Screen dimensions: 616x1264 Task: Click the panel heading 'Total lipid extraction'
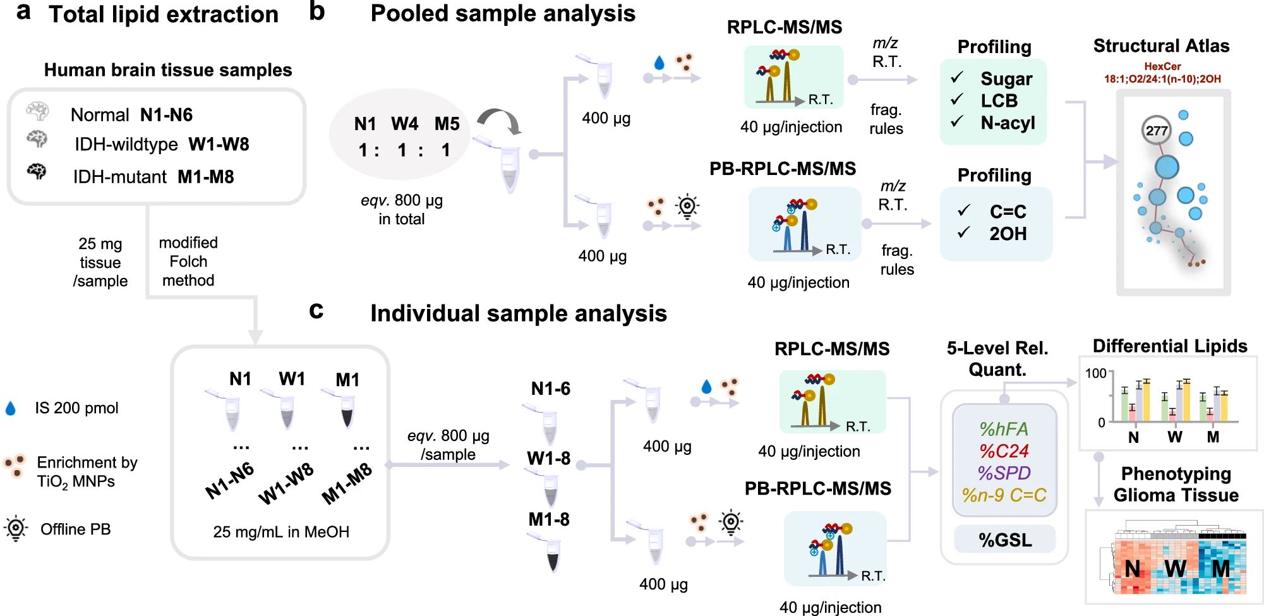click(164, 15)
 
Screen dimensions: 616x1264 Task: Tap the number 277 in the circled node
click(1157, 130)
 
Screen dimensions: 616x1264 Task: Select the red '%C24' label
click(1004, 451)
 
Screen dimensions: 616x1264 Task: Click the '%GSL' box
click(1004, 540)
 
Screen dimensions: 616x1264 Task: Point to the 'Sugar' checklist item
click(1006, 79)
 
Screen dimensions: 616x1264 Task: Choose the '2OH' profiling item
click(1008, 234)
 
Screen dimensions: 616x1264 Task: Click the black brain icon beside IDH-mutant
click(37, 171)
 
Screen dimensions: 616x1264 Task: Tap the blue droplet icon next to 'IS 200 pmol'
click(11, 409)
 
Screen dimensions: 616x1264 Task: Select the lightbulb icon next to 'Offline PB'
click(16, 528)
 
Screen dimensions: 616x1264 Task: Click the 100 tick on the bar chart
click(1095, 373)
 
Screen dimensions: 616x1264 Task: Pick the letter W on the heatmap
click(1175, 569)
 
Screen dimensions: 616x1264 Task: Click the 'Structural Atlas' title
click(1161, 46)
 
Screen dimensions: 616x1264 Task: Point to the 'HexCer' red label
click(1162, 66)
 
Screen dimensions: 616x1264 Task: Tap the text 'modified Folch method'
click(188, 262)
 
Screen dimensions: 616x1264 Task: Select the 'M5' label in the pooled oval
click(447, 124)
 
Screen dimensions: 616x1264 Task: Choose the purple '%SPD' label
click(1004, 473)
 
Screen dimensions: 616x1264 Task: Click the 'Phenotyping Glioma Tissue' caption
click(1176, 485)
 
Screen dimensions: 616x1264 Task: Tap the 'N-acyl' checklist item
click(1008, 123)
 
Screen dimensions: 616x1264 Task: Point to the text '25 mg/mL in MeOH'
click(281, 532)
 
